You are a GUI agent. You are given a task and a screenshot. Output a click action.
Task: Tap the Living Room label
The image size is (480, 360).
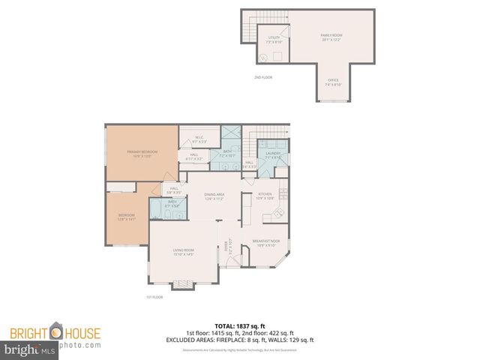tap(184, 252)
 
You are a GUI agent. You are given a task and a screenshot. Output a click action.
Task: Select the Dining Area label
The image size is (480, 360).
tap(214, 196)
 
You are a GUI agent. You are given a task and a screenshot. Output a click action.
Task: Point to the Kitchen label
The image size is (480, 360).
tap(264, 196)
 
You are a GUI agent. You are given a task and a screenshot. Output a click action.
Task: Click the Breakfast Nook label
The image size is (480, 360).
tap(267, 242)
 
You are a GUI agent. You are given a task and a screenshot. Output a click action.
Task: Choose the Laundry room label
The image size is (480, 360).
tap(273, 154)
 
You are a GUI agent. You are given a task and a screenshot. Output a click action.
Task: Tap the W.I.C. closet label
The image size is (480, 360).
tap(199, 139)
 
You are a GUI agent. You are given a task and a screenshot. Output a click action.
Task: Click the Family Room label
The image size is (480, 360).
tap(330, 37)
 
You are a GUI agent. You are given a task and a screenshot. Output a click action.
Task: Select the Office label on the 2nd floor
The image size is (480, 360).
tap(333, 82)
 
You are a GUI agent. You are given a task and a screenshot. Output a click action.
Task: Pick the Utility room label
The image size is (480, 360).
tap(274, 39)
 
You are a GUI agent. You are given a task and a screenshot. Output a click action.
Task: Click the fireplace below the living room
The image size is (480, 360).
tap(184, 285)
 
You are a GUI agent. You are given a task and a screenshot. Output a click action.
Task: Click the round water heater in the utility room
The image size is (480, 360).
tap(264, 58)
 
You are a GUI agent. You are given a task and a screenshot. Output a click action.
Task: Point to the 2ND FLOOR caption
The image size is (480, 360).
tap(263, 77)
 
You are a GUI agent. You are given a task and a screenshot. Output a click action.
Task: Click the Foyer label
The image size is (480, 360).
tap(227, 245)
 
